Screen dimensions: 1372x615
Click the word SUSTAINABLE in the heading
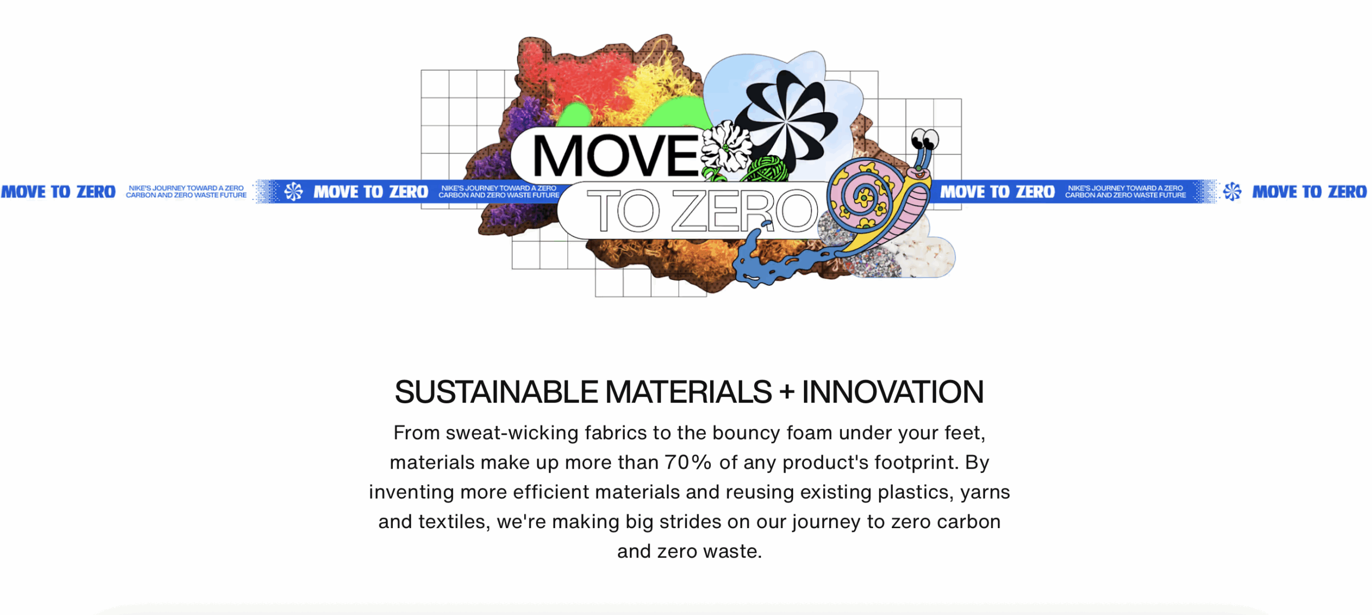496,392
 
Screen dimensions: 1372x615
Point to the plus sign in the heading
787,392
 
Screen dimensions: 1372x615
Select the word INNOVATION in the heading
892,392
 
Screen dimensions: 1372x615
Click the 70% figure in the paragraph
688,462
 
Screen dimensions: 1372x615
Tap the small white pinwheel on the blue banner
294,191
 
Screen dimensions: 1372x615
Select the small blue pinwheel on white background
1232,191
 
